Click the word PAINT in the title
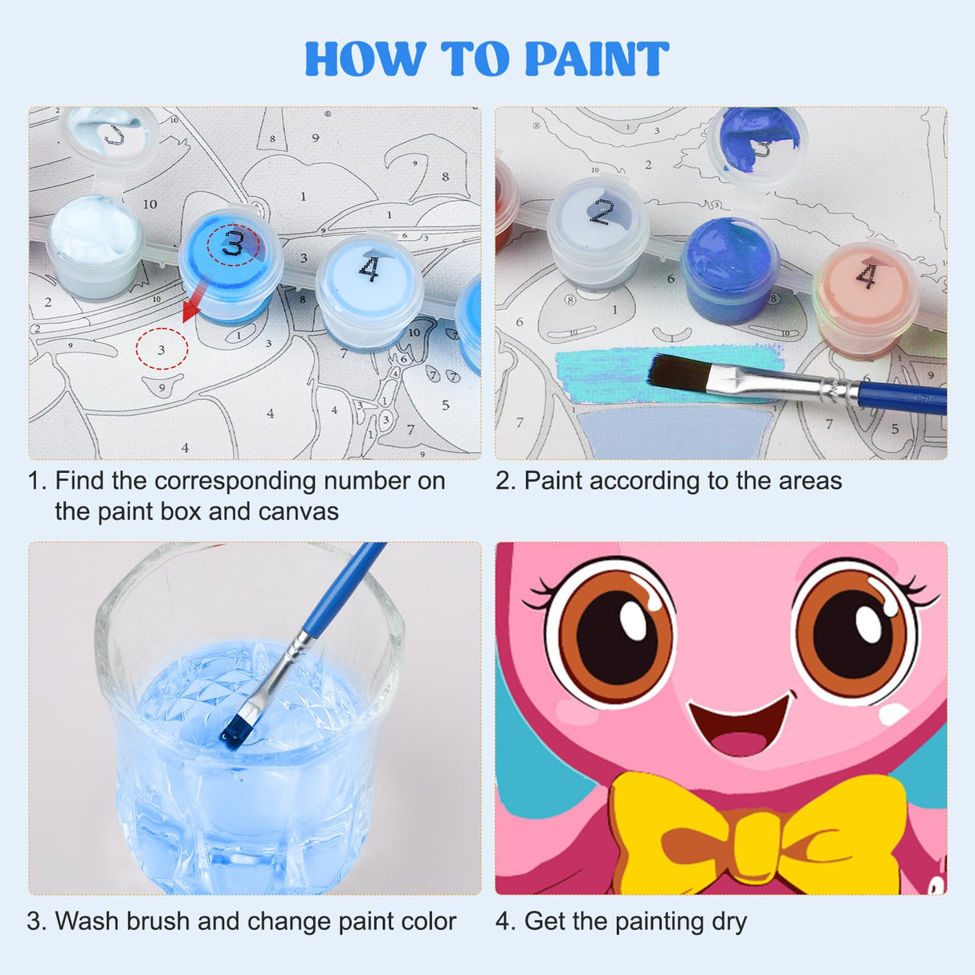[x=596, y=59]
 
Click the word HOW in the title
[x=365, y=59]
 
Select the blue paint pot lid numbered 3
[x=231, y=244]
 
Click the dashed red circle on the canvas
[x=161, y=349]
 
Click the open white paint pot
[x=94, y=233]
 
